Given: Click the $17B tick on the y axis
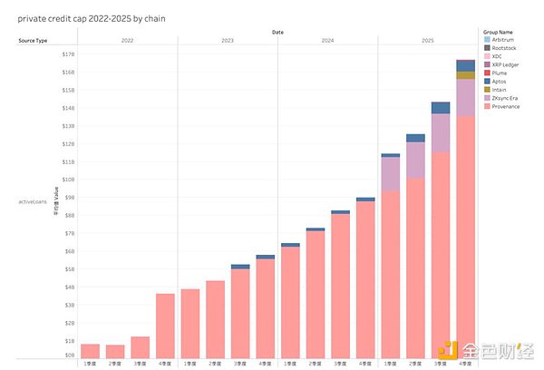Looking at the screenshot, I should [x=68, y=54].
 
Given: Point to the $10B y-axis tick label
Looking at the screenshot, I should [x=68, y=180].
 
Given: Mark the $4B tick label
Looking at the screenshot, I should [x=68, y=287].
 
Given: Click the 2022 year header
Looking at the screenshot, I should [x=127, y=41].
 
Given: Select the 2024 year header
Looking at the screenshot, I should [x=327, y=41].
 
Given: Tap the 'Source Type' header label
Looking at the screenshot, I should [x=34, y=41].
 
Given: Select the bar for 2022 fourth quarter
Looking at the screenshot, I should [x=165, y=325].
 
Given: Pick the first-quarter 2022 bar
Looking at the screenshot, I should [x=90, y=350].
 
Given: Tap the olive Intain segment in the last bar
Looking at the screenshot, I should [x=465, y=75].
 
